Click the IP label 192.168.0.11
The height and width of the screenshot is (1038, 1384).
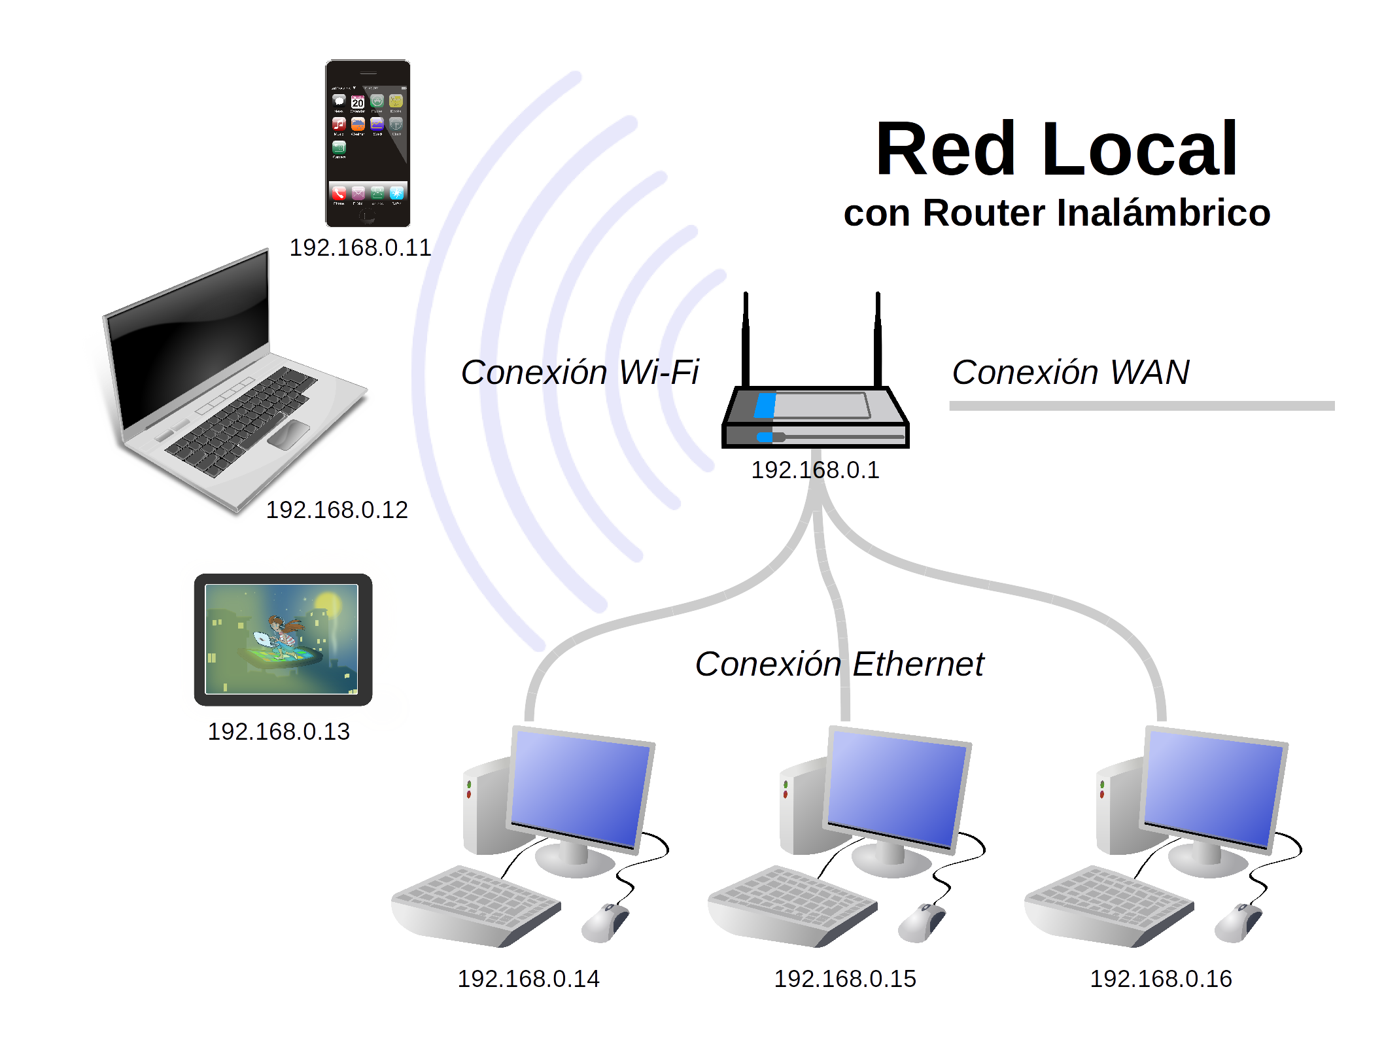[x=360, y=248]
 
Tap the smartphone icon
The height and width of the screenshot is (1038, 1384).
[x=368, y=143]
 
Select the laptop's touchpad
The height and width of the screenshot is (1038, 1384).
[x=288, y=434]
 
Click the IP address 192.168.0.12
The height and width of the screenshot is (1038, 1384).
[x=336, y=510]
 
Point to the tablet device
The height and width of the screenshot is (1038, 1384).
[x=283, y=640]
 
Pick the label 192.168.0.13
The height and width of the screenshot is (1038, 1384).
[x=279, y=732]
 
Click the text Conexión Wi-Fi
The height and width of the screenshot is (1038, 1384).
[x=580, y=373]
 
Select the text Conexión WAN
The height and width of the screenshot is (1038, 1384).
[x=1070, y=373]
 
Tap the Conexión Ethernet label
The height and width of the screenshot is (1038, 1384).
[x=839, y=665]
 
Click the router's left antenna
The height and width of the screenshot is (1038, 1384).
[x=746, y=340]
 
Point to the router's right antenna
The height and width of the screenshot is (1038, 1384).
[x=878, y=340]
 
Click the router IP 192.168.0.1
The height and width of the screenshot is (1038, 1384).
[x=815, y=470]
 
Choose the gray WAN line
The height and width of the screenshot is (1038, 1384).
[x=1141, y=406]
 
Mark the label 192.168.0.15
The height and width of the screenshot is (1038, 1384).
[x=845, y=979]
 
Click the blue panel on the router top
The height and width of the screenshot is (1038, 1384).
[x=765, y=406]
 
